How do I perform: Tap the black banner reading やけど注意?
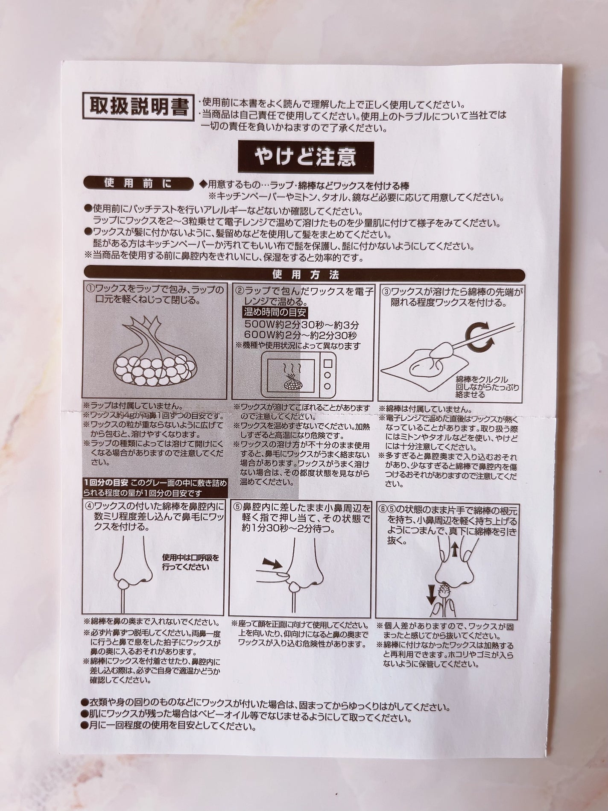tap(305, 157)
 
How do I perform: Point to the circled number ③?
tap(385, 292)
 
